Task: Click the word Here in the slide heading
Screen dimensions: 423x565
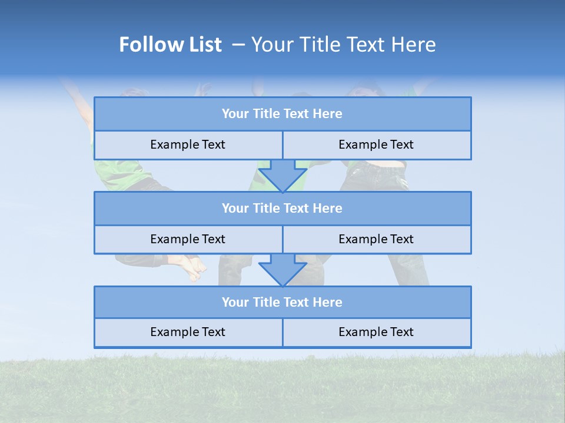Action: tap(414, 45)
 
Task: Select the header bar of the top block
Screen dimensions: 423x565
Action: tap(282, 114)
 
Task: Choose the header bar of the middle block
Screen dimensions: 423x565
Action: tap(282, 208)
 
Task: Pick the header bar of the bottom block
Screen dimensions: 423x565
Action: tap(282, 302)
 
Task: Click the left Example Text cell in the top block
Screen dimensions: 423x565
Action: tap(188, 145)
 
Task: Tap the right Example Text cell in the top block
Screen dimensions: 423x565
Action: tap(376, 145)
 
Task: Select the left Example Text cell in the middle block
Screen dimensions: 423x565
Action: tap(188, 239)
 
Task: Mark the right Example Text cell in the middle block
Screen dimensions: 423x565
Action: tap(376, 239)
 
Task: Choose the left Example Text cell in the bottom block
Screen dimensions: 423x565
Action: tap(188, 332)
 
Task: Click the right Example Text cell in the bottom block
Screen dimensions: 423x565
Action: tap(376, 332)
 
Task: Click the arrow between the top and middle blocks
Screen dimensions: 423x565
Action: tap(282, 174)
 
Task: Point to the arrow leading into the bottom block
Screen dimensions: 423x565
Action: tap(282, 269)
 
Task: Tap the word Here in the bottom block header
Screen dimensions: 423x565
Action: tap(328, 302)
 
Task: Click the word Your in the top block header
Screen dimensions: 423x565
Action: tap(235, 114)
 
